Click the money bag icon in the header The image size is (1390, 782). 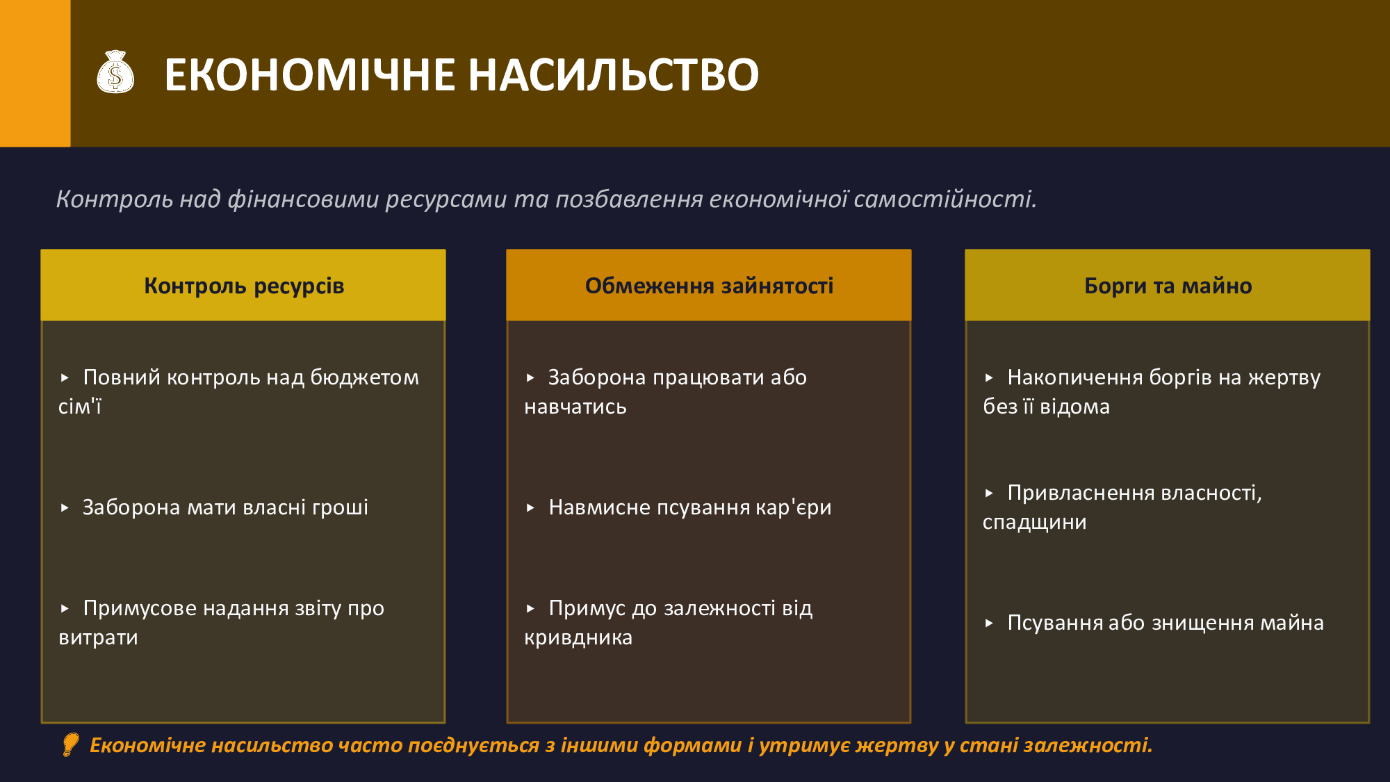point(115,72)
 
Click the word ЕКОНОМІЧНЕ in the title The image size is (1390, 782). point(310,75)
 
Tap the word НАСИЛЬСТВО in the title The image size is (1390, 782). point(614,75)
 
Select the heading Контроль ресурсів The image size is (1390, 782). point(244,286)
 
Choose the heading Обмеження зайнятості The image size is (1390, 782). point(709,286)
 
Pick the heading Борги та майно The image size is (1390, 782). point(1168,286)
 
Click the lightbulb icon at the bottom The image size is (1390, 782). point(70,744)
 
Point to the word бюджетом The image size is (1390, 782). point(364,377)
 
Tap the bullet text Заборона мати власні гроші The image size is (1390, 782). point(225,507)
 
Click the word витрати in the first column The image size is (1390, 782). point(98,637)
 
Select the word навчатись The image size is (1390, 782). point(575,407)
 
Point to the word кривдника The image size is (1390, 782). point(578,637)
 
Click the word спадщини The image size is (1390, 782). point(1034,523)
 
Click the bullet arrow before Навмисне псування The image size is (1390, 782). point(530,508)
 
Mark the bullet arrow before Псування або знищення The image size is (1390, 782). point(989,624)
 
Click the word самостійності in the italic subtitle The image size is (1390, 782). point(945,199)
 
